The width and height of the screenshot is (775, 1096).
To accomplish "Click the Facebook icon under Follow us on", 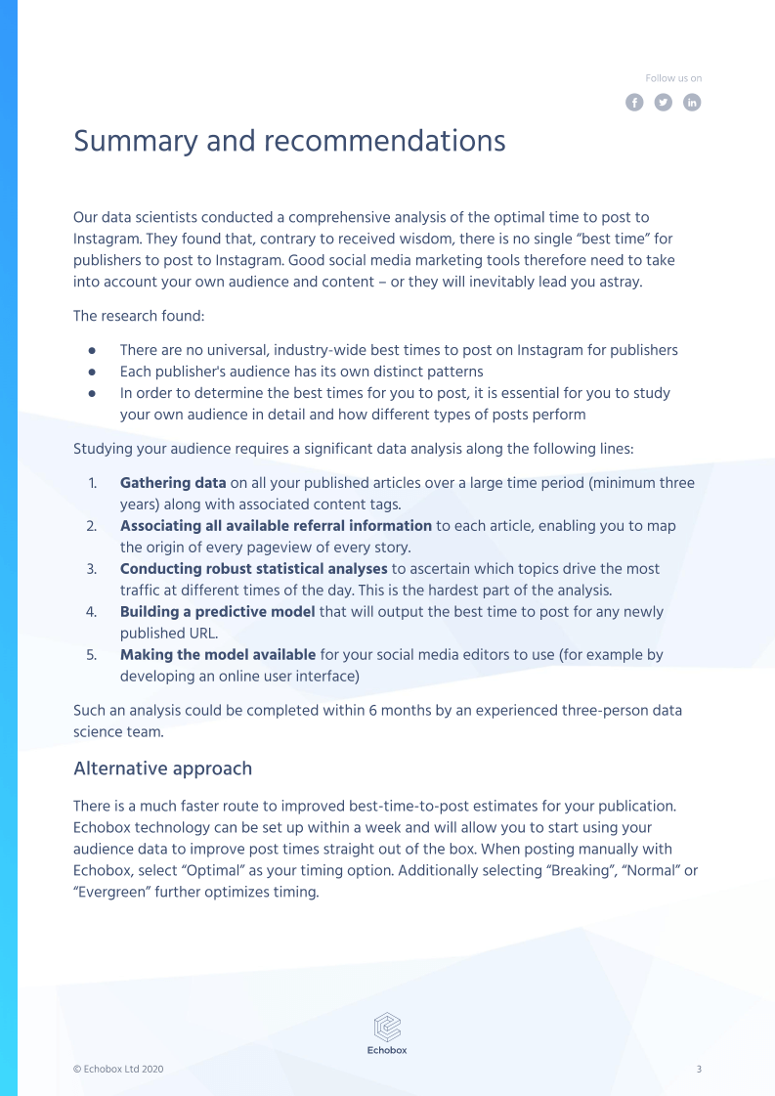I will tap(634, 103).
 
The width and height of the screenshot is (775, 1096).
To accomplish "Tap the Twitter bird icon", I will tap(664, 103).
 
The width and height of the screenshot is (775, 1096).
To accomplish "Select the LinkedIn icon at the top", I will tap(692, 103).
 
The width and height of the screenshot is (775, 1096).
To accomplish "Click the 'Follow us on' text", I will tap(673, 78).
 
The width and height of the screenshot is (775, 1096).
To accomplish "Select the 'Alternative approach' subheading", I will tap(162, 768).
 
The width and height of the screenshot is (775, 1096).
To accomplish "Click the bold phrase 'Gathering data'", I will tap(173, 483).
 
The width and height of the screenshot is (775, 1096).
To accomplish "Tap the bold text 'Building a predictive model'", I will tap(217, 612).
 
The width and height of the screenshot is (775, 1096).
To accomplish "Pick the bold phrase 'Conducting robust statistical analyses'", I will tap(253, 569).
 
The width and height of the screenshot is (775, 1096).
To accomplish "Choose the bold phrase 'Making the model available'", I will tap(217, 655).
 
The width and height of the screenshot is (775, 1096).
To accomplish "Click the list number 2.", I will tap(91, 526).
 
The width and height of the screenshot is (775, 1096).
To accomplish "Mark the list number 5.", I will tap(91, 655).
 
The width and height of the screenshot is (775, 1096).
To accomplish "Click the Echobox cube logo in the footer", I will tap(388, 1026).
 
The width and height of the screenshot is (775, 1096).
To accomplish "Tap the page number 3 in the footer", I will tap(699, 1070).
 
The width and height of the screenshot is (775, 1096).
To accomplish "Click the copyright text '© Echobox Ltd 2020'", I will tap(118, 1070).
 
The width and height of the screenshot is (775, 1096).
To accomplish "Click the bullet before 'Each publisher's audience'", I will tap(92, 372).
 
